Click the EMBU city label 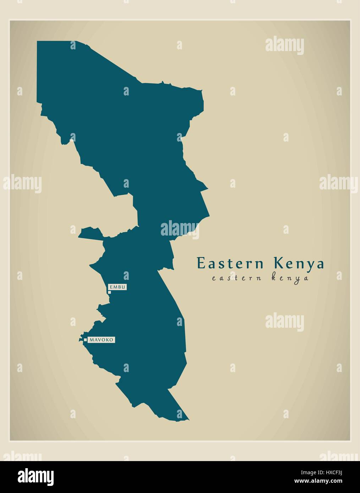point(117,287)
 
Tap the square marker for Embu point(110,292)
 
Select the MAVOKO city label point(102,340)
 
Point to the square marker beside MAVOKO point(85,340)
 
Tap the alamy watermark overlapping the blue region point(180,229)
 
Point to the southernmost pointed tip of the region point(187,419)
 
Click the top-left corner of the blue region point(37,41)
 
